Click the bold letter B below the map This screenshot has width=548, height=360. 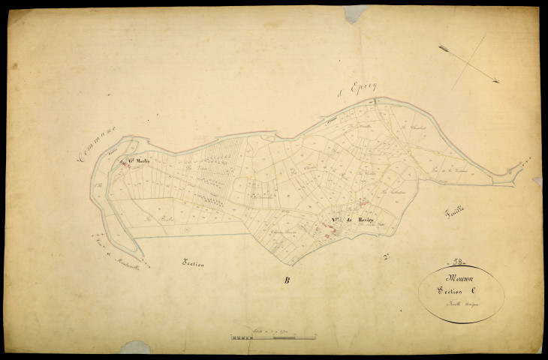pyautogui.click(x=286, y=281)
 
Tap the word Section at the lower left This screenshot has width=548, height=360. pyautogui.click(x=193, y=264)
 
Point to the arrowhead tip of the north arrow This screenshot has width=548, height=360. pyautogui.click(x=498, y=82)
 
